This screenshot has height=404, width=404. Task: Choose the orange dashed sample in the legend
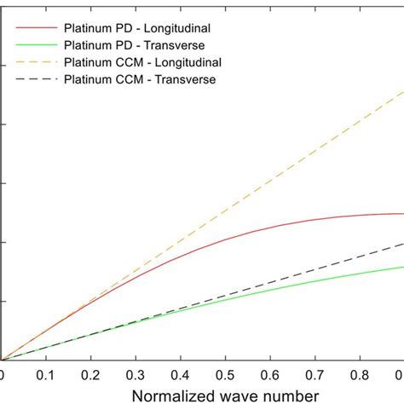[x=34, y=61]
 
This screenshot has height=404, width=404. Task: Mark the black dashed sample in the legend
[x=34, y=79]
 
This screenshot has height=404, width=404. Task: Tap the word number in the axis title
[x=290, y=395]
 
